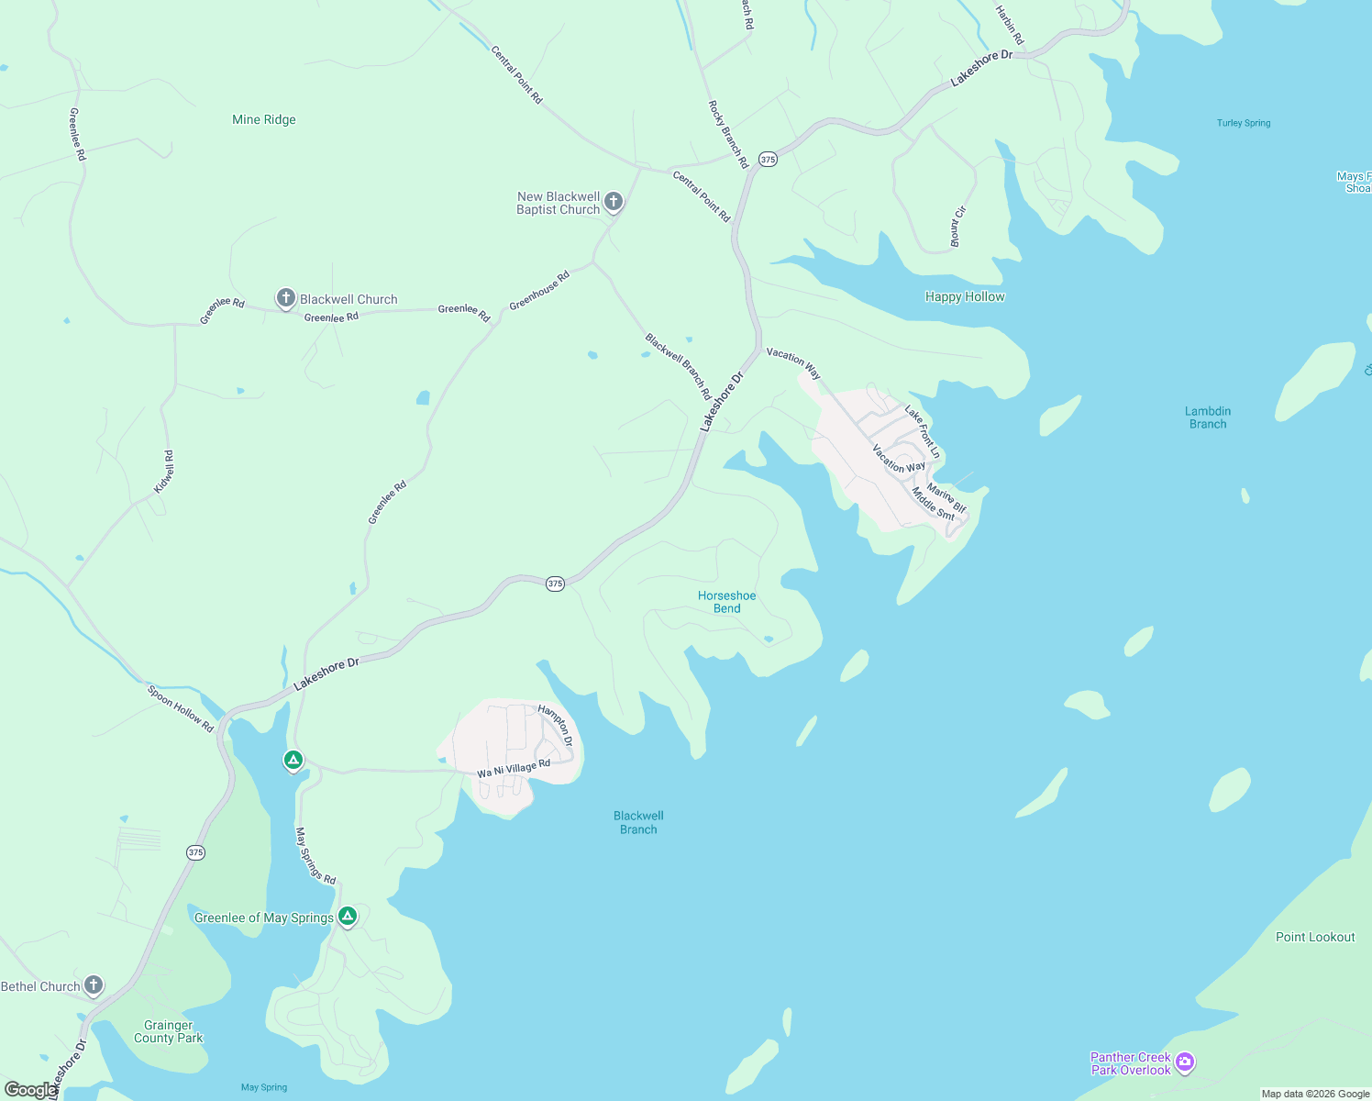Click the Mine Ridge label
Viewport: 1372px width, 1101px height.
264,119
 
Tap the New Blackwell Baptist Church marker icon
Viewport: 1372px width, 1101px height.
614,202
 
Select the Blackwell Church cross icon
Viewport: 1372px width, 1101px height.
286,297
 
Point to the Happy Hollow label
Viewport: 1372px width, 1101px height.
965,296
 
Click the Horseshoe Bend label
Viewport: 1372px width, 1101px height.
726,602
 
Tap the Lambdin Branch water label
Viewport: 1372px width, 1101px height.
1208,417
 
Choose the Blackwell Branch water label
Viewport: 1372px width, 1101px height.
638,822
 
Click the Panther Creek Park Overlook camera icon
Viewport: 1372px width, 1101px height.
1185,1062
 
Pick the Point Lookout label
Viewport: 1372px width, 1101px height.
1315,937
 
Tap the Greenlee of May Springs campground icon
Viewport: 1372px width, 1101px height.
348,916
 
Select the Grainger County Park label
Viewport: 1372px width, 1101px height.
169,1031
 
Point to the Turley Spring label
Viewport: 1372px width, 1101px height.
1244,123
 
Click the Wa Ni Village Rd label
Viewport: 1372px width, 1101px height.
514,769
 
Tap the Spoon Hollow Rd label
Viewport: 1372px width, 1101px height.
181,708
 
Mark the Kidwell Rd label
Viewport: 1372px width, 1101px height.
164,472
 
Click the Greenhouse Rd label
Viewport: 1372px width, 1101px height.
539,290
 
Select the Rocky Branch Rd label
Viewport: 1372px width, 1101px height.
729,134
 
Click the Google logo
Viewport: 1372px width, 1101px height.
30,1090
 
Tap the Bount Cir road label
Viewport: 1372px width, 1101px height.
957,227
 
